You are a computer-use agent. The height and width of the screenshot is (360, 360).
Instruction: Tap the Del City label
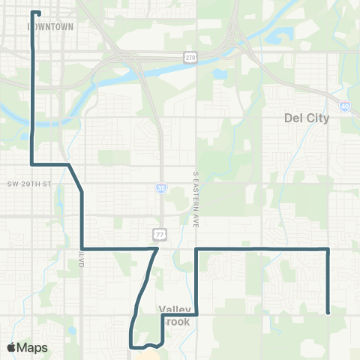click(307, 118)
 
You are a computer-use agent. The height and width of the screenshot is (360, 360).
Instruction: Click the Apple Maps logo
click(27, 347)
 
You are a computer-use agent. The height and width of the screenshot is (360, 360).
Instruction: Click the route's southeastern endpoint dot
click(328, 313)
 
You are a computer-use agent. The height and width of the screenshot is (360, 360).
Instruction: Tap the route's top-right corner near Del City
click(328, 248)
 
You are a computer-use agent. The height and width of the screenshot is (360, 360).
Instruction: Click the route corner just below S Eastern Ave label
click(196, 248)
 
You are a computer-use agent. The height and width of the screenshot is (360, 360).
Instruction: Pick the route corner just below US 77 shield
click(156, 248)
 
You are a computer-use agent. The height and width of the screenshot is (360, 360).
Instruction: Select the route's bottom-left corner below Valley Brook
click(131, 346)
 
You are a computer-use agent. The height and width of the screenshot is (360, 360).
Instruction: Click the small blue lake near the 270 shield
click(219, 75)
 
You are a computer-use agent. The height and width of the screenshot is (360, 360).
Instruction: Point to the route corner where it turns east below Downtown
click(31, 163)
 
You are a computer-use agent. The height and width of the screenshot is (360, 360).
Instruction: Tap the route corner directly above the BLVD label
click(82, 248)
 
